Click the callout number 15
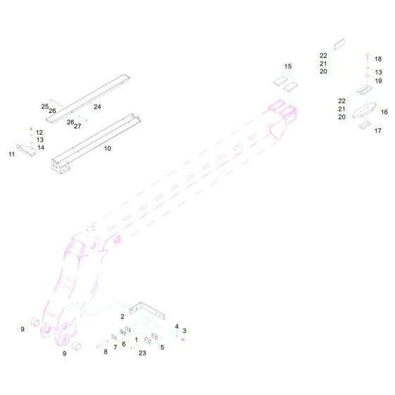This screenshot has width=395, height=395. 288,66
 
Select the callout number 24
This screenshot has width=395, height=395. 97,107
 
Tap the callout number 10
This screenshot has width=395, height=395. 107,149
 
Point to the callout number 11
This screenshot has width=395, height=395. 11,154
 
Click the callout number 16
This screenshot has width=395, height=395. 384,112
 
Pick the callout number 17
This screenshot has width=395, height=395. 377,130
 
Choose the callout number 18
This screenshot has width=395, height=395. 378,59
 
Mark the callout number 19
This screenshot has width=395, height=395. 378,81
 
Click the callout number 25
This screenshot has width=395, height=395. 44,107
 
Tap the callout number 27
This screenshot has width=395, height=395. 78,126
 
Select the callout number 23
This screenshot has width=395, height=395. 142,353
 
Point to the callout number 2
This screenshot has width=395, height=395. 122,317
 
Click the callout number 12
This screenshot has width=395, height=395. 39,133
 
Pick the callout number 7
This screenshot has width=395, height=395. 115,348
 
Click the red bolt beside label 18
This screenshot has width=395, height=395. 367,56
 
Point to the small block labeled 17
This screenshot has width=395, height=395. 364,126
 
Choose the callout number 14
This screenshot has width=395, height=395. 41,147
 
